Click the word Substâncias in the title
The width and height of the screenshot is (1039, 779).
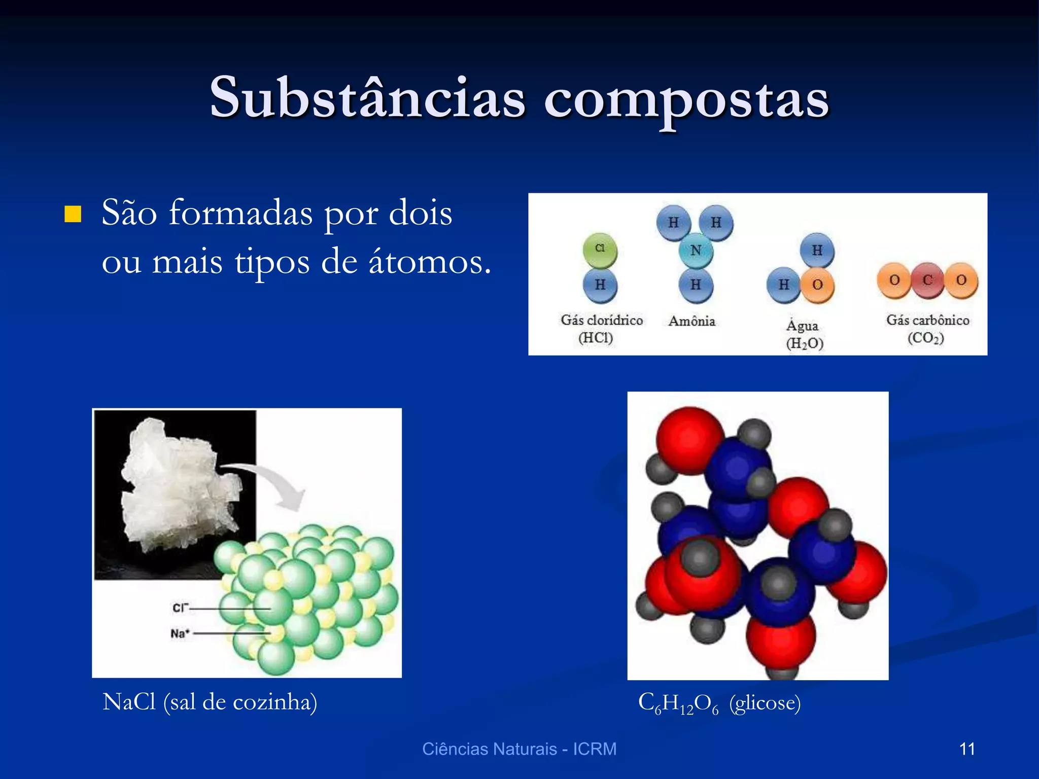coord(367,97)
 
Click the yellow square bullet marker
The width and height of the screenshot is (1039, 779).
coord(73,214)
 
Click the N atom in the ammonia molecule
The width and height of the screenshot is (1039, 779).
coord(696,251)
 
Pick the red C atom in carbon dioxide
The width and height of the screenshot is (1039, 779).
coord(927,280)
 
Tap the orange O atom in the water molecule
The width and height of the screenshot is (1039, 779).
coord(817,285)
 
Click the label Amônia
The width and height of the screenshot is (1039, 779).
coord(691,321)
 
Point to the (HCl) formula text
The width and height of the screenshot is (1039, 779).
coord(596,338)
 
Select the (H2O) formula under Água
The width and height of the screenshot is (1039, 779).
coord(805,343)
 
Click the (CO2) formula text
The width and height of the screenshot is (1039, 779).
coord(926,338)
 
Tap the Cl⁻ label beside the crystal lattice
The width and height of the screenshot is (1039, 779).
coord(180,608)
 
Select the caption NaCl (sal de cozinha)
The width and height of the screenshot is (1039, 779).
coord(210,702)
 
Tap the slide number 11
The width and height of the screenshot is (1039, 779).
coord(967,749)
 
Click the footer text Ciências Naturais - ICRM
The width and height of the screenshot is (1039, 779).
coord(519,749)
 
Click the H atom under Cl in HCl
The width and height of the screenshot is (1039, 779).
coord(600,285)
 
